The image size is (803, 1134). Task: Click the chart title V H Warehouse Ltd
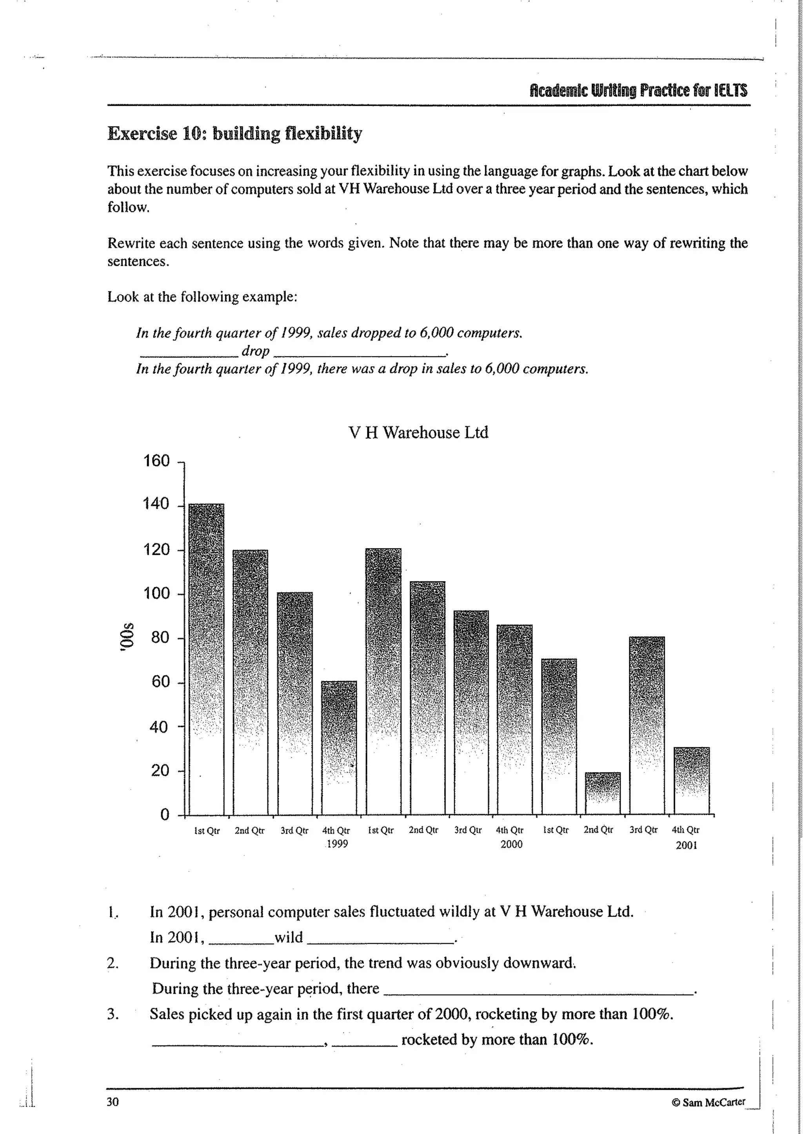[418, 433]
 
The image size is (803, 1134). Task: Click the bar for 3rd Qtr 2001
[647, 725]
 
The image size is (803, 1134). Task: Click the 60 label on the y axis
[160, 682]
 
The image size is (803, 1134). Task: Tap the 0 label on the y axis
[165, 814]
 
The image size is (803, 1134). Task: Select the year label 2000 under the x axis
[511, 844]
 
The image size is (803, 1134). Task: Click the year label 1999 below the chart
[337, 844]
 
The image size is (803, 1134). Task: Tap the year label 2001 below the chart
[686, 845]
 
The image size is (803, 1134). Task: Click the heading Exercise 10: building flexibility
[234, 134]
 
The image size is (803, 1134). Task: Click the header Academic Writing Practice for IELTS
[638, 91]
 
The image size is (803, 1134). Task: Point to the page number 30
[113, 1102]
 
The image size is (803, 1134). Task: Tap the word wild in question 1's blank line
[288, 937]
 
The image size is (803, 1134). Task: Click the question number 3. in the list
[113, 1014]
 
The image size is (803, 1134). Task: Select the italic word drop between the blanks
[255, 351]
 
